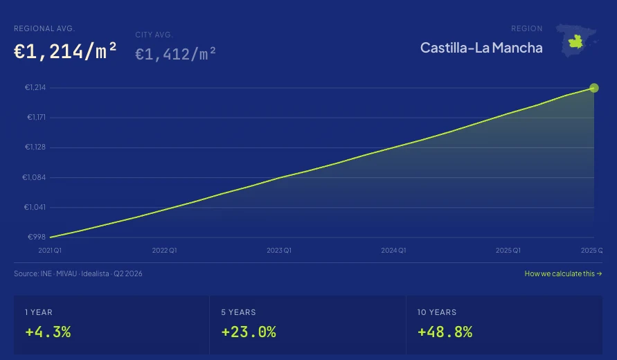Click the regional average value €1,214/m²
pyautogui.click(x=65, y=51)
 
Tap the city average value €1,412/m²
pyautogui.click(x=175, y=54)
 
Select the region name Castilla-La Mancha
pyautogui.click(x=481, y=48)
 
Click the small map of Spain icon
pyautogui.click(x=577, y=40)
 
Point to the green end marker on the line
pyautogui.click(x=594, y=88)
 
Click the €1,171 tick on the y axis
pyautogui.click(x=36, y=117)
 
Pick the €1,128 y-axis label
pyautogui.click(x=35, y=147)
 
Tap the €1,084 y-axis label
pyautogui.click(x=34, y=177)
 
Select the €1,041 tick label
pyautogui.click(x=35, y=207)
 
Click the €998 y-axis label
pyautogui.click(x=37, y=237)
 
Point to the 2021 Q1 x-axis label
pyautogui.click(x=50, y=250)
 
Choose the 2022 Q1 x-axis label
pyautogui.click(x=165, y=250)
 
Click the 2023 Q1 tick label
pyautogui.click(x=279, y=250)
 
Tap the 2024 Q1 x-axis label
pyautogui.click(x=393, y=250)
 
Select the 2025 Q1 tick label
pyautogui.click(x=508, y=250)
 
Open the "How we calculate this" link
pyautogui.click(x=563, y=273)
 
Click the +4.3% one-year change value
pyautogui.click(x=48, y=332)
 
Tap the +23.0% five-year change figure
pyautogui.click(x=249, y=332)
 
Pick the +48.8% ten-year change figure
pyautogui.click(x=445, y=332)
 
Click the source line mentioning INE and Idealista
pyautogui.click(x=78, y=273)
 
